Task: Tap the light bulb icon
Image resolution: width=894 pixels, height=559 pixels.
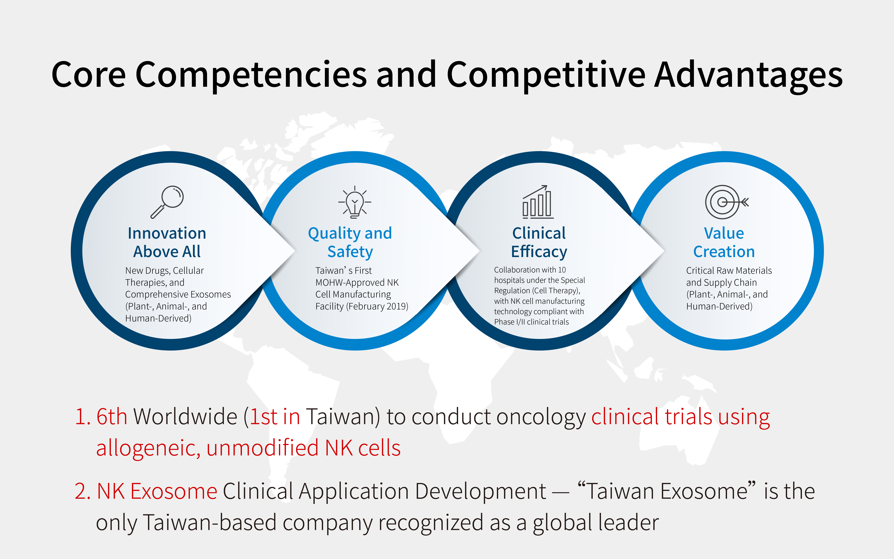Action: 355,202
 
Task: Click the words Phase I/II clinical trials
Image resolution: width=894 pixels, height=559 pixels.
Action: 532,322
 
